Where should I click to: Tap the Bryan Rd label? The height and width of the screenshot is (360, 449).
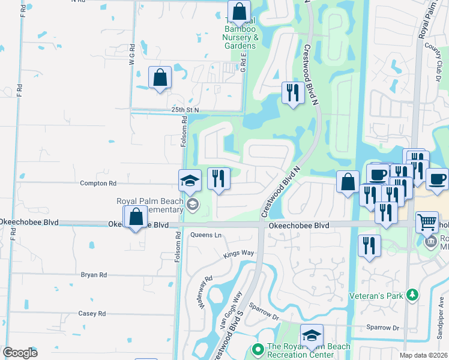point(94,275)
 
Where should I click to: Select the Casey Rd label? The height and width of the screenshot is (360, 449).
point(92,313)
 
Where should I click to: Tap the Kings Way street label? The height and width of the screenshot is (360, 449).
point(239,253)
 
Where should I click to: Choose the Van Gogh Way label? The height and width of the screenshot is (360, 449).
point(231,307)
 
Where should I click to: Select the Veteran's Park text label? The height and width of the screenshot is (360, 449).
point(376,295)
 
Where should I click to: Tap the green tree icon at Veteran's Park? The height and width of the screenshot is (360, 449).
point(412,295)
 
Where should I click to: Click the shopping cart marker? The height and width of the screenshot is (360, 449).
point(427,222)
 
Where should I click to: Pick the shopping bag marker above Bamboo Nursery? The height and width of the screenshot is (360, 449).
point(239,11)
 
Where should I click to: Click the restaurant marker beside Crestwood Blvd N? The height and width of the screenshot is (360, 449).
point(292,92)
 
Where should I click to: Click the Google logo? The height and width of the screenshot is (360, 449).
point(20,353)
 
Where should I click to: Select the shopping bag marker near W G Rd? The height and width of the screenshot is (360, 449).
point(160,77)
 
